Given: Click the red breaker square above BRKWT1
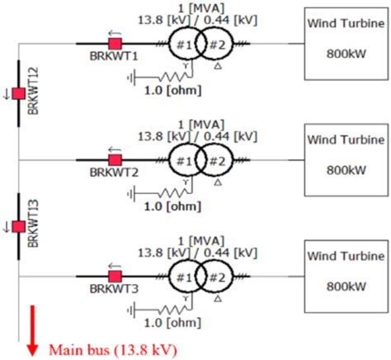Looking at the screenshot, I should coord(116,43).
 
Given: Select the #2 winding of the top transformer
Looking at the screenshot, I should coord(214,43).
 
